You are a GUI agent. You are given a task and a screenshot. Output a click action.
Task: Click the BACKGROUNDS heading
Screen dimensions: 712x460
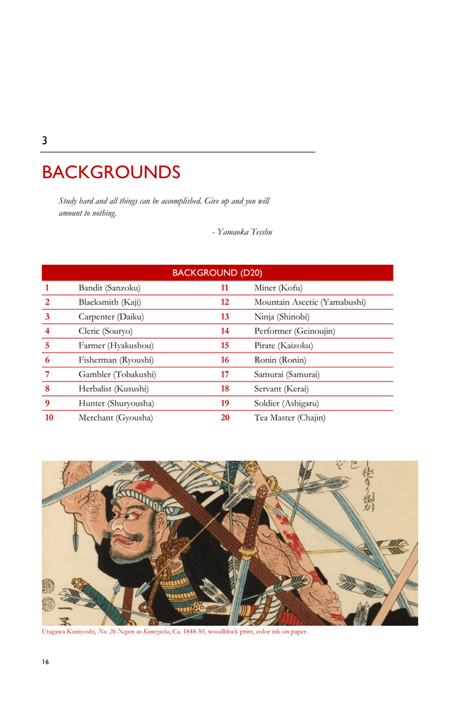(111, 172)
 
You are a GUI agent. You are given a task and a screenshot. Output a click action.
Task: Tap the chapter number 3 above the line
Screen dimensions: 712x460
(45, 141)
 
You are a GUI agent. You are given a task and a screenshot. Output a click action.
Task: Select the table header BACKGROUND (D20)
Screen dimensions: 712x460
(217, 273)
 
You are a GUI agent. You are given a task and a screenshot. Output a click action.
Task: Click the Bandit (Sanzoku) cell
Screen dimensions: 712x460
(109, 288)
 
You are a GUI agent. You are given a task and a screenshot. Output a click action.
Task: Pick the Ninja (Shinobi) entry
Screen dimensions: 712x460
(282, 317)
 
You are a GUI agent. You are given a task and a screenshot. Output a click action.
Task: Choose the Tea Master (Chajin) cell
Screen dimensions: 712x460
(289, 418)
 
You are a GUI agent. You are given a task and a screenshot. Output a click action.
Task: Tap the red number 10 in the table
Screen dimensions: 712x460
(48, 418)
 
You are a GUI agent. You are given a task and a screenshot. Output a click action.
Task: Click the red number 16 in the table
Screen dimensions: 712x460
(225, 360)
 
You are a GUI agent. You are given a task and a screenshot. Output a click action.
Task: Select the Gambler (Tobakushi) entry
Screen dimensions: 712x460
(117, 375)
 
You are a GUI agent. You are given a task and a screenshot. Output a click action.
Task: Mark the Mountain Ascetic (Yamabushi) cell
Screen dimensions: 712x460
(309, 303)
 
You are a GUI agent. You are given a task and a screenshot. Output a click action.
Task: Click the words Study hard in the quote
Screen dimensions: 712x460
(77, 201)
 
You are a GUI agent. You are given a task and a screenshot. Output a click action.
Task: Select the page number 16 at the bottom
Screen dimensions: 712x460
(46, 662)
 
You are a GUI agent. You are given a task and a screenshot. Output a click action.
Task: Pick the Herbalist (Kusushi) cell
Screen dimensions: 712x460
(113, 389)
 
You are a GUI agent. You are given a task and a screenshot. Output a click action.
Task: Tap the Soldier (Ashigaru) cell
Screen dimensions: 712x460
(287, 403)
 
